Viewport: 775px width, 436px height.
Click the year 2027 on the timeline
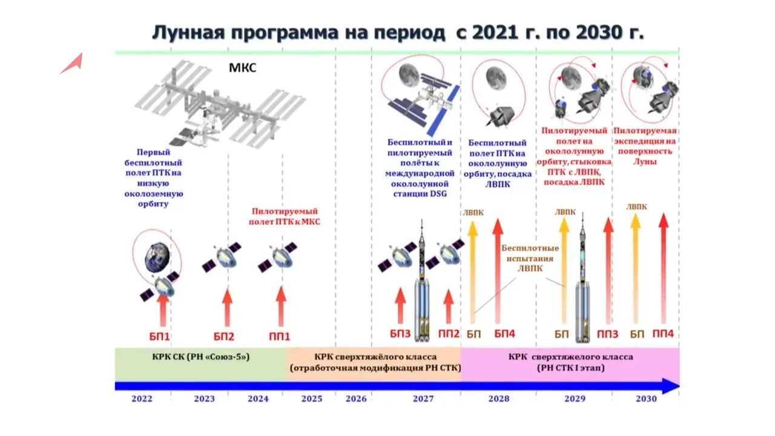[423, 399]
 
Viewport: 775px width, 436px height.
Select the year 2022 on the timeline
[142, 399]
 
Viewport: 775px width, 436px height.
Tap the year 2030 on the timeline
[646, 399]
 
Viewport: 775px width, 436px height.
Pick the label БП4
[504, 334]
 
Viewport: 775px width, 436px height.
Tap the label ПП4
[663, 334]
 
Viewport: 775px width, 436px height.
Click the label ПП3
[607, 334]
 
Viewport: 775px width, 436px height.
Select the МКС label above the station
[242, 68]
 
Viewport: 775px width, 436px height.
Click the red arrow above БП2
[227, 308]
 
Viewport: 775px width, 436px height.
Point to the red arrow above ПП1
[280, 306]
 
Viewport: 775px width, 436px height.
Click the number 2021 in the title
[496, 33]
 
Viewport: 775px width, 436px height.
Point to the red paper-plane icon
[71, 63]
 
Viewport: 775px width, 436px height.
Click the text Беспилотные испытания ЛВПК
[530, 258]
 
